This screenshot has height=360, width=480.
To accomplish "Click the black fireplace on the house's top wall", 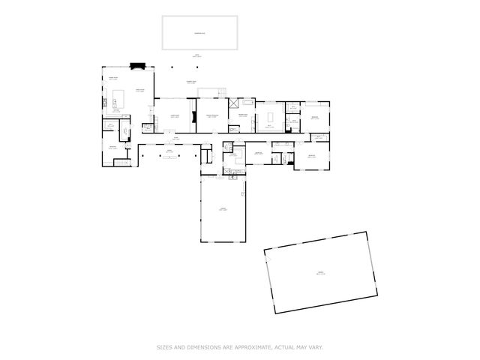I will (x=137, y=65).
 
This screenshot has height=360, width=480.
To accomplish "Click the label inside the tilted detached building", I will (x=320, y=273).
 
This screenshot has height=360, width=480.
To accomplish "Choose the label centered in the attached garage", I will (x=223, y=210).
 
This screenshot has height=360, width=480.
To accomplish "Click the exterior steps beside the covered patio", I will (x=222, y=92).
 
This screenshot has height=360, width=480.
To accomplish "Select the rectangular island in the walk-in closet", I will (x=269, y=117).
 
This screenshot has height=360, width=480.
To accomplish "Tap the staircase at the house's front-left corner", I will (x=127, y=161).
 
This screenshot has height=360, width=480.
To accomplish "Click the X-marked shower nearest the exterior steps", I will (x=233, y=103).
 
